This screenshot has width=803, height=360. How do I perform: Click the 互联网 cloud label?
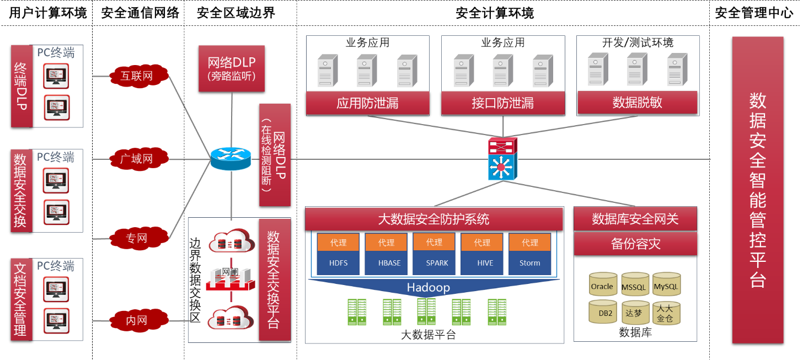[x=137, y=76]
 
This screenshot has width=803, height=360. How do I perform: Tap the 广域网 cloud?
[x=137, y=159]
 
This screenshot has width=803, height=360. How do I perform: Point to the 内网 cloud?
[x=137, y=320]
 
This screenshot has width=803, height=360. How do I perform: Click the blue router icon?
[x=231, y=159]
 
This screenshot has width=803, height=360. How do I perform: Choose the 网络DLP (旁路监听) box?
[x=232, y=68]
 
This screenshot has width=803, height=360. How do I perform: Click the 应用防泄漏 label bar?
[x=367, y=103]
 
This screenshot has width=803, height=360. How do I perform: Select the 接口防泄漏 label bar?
[x=502, y=103]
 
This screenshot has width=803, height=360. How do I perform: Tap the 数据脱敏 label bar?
[x=637, y=103]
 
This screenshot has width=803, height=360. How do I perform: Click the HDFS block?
[x=338, y=263]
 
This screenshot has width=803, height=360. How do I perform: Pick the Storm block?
[x=529, y=263]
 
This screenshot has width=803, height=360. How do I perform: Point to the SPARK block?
[x=434, y=263]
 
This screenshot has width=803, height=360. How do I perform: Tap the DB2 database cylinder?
[x=602, y=312]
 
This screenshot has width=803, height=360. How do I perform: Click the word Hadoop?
[x=429, y=288]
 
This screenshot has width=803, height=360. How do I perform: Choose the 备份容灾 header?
[x=635, y=244]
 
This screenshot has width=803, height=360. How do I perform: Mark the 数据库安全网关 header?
[x=635, y=219]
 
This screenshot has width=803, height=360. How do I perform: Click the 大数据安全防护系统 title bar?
[x=433, y=219]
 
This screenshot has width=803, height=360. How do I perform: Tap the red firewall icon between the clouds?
[x=231, y=279]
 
